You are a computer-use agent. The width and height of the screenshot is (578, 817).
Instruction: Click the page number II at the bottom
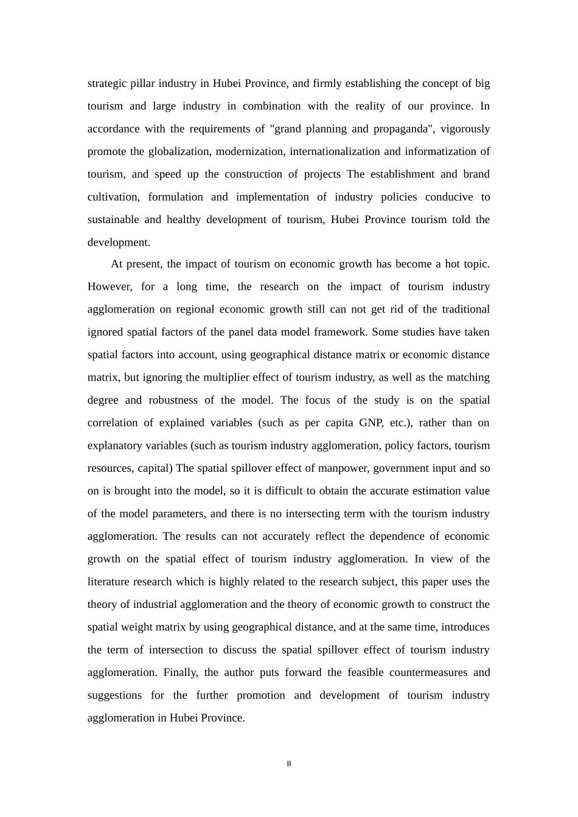pos(289,764)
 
